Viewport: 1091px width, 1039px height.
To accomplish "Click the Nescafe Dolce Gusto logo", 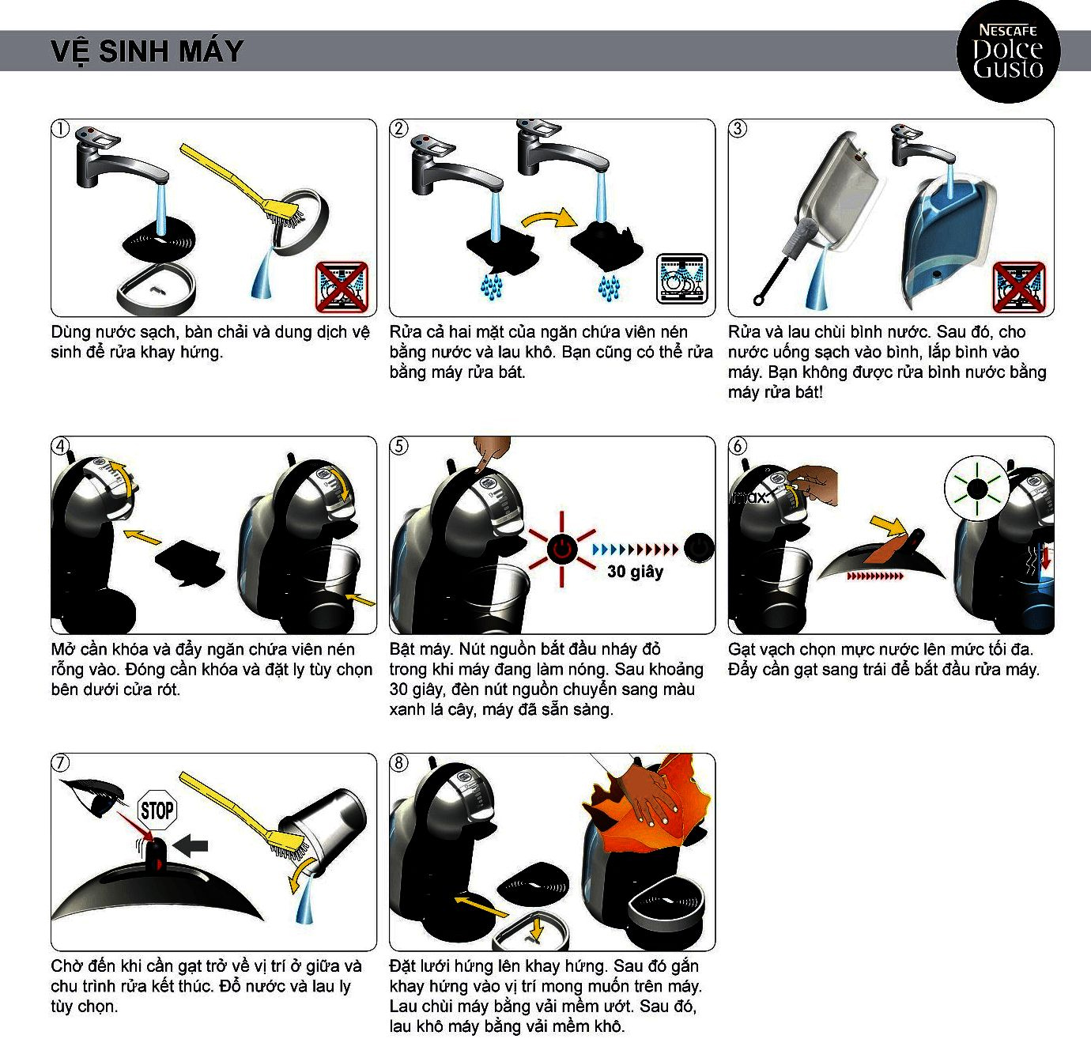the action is coord(1008,51).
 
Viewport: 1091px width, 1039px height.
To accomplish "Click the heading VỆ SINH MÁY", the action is coord(147,51).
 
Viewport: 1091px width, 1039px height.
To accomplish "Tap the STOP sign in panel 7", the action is coord(157,810).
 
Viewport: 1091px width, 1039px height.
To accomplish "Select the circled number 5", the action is coord(398,446).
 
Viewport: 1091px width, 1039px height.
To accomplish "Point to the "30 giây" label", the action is coord(635,571).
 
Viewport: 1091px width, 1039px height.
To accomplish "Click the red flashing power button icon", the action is coord(561,549).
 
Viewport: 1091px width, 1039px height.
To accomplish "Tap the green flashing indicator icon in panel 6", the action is coord(976,489).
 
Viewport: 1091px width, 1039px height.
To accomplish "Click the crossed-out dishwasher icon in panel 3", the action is coord(1019,288).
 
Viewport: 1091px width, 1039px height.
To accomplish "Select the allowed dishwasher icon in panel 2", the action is coord(682,278).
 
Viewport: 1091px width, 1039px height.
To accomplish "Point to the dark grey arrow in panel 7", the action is coord(190,846).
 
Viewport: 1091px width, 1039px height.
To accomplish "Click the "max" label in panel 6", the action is coord(750,497).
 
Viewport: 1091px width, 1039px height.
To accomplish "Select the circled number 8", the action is coord(398,762).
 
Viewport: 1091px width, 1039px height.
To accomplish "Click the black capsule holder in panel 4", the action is coord(190,561).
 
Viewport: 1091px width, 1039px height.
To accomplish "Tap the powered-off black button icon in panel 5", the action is coord(699,548).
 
